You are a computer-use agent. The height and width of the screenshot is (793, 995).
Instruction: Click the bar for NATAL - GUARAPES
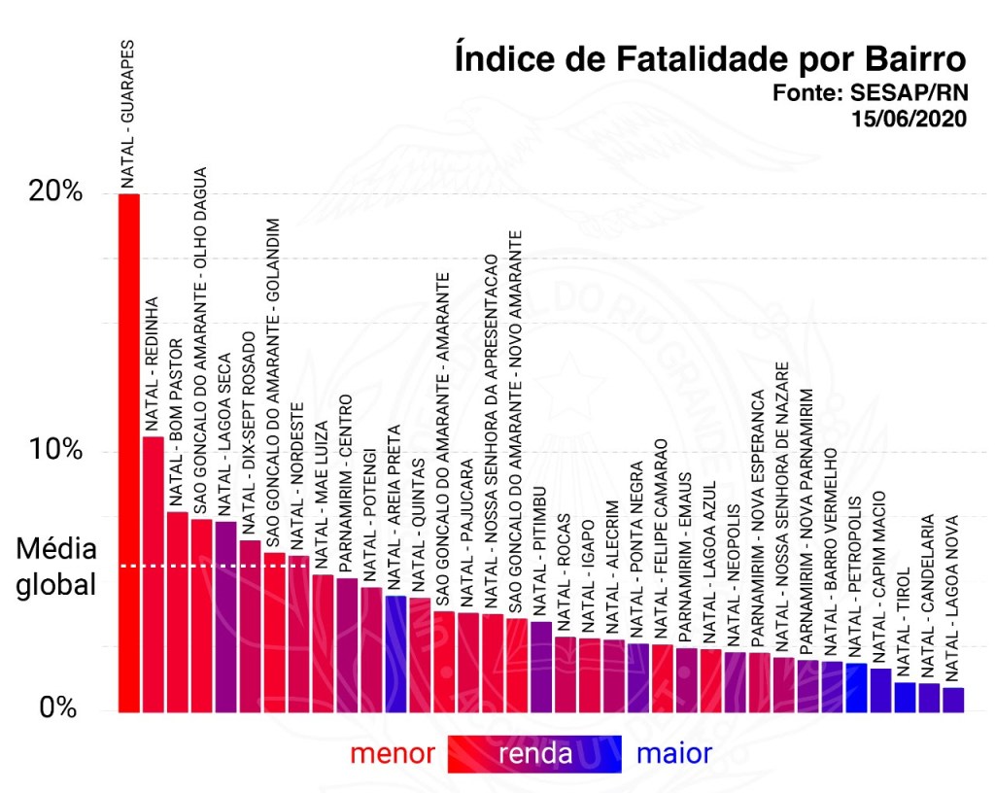[129, 453]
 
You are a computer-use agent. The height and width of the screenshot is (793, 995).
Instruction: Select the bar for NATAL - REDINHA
[154, 574]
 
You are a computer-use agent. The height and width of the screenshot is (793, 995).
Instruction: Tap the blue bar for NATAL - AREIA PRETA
[395, 653]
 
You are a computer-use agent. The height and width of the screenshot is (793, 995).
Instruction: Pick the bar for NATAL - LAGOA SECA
[225, 616]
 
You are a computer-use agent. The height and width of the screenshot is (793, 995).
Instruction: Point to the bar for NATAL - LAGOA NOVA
[953, 700]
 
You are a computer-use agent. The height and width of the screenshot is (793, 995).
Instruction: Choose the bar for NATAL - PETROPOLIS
[856, 687]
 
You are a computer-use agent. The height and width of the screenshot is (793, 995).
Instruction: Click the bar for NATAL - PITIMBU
[541, 667]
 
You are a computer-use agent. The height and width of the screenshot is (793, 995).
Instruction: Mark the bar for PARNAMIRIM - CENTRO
[347, 644]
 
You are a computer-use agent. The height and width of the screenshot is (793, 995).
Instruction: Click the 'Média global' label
[56, 568]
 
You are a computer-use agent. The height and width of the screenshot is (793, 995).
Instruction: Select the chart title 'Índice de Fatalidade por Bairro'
[710, 59]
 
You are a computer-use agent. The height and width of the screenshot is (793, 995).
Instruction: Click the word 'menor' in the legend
[393, 753]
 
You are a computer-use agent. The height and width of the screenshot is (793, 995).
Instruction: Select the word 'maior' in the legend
[673, 753]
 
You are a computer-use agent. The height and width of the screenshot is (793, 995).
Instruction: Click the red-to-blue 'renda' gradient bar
[535, 753]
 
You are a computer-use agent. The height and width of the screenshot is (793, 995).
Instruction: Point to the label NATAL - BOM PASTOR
[177, 423]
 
